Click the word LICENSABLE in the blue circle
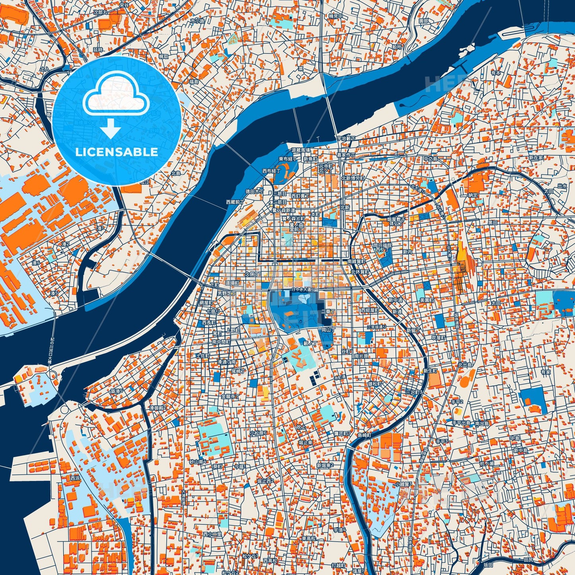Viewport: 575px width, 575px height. [117, 152]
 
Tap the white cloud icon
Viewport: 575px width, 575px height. [116, 95]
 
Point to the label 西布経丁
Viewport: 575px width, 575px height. [271, 171]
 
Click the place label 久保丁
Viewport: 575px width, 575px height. [252, 274]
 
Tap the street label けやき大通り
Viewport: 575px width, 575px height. [303, 289]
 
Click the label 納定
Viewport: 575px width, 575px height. [473, 195]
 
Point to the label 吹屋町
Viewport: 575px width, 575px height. [439, 337]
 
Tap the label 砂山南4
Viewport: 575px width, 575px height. [197, 462]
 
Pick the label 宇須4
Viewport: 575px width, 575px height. [340, 530]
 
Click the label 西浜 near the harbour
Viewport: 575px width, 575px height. [75, 478]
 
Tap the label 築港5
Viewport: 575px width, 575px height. [117, 391]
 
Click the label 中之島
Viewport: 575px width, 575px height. [430, 159]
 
